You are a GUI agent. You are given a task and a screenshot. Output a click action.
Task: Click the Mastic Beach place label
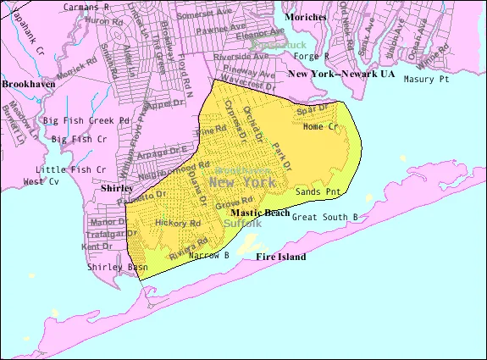(260, 213)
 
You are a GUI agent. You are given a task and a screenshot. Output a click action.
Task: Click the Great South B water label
(324, 217)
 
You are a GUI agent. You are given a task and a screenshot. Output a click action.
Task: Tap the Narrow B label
(210, 254)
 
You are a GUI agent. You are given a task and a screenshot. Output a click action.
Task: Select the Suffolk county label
(243, 223)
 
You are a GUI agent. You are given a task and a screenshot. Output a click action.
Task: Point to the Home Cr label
(320, 127)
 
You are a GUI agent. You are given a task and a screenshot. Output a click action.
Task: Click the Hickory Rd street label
(178, 223)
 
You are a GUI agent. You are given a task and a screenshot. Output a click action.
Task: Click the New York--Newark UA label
(341, 74)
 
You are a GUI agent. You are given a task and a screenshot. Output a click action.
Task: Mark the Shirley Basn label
(117, 267)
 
